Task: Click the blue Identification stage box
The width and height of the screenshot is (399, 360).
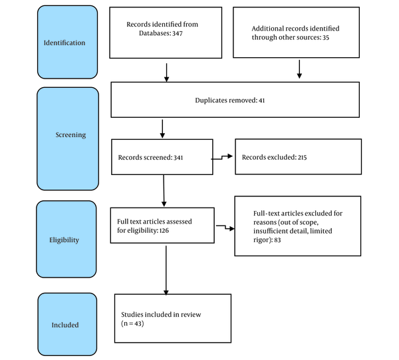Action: click(x=67, y=42)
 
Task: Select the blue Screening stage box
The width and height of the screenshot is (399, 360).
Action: click(x=68, y=139)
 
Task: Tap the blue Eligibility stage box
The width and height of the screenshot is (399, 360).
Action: click(x=66, y=239)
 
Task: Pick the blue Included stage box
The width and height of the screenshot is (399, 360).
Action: click(x=67, y=324)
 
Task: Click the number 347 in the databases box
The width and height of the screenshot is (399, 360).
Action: click(x=178, y=33)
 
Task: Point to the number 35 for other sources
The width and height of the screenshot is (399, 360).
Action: click(x=326, y=38)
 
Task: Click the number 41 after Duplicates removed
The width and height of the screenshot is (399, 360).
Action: click(x=262, y=100)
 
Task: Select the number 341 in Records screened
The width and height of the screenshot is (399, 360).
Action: click(x=178, y=158)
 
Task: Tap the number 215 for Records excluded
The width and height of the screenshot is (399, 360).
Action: click(x=303, y=157)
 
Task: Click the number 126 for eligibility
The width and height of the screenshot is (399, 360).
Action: click(x=164, y=231)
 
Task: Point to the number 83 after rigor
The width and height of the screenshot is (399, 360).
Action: click(x=277, y=240)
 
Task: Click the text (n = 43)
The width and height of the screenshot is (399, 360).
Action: click(x=132, y=323)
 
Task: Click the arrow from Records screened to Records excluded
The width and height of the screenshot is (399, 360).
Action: click(x=222, y=157)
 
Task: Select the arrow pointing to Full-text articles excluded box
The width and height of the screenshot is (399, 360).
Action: click(x=225, y=227)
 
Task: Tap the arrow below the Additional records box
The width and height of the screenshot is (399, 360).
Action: click(x=299, y=69)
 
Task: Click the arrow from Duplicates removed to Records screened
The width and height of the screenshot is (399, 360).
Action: click(x=162, y=129)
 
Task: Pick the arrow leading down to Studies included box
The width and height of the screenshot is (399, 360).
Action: click(x=166, y=270)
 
